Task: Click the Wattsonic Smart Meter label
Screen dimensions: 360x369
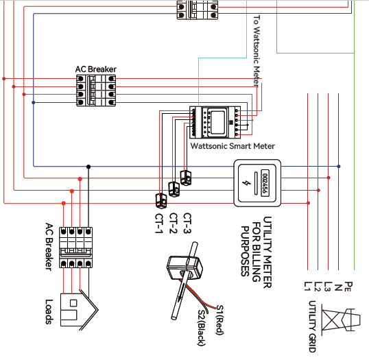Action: point(232,146)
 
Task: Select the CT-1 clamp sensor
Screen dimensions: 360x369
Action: point(161,200)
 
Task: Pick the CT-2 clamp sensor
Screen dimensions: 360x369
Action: point(174,188)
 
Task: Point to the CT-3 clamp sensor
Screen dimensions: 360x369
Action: point(185,177)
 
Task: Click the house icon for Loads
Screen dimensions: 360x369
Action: point(78,307)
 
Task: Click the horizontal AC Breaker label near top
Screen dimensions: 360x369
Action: point(95,69)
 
